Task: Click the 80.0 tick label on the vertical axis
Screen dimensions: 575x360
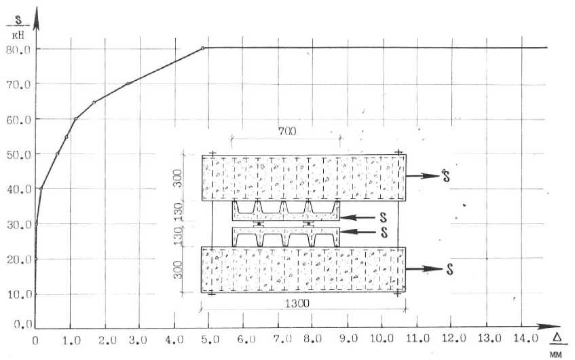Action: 18,50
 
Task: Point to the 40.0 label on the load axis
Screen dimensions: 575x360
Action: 19,190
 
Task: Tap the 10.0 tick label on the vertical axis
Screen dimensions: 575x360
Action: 19,294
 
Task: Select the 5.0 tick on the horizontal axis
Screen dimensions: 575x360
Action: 210,340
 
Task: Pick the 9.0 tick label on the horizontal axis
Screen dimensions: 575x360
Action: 348,339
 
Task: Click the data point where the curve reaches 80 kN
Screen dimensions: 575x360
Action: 202,48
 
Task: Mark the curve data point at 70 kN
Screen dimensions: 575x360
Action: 128,84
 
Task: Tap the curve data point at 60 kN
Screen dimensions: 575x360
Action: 75,119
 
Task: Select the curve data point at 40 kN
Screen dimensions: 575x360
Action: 41,189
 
